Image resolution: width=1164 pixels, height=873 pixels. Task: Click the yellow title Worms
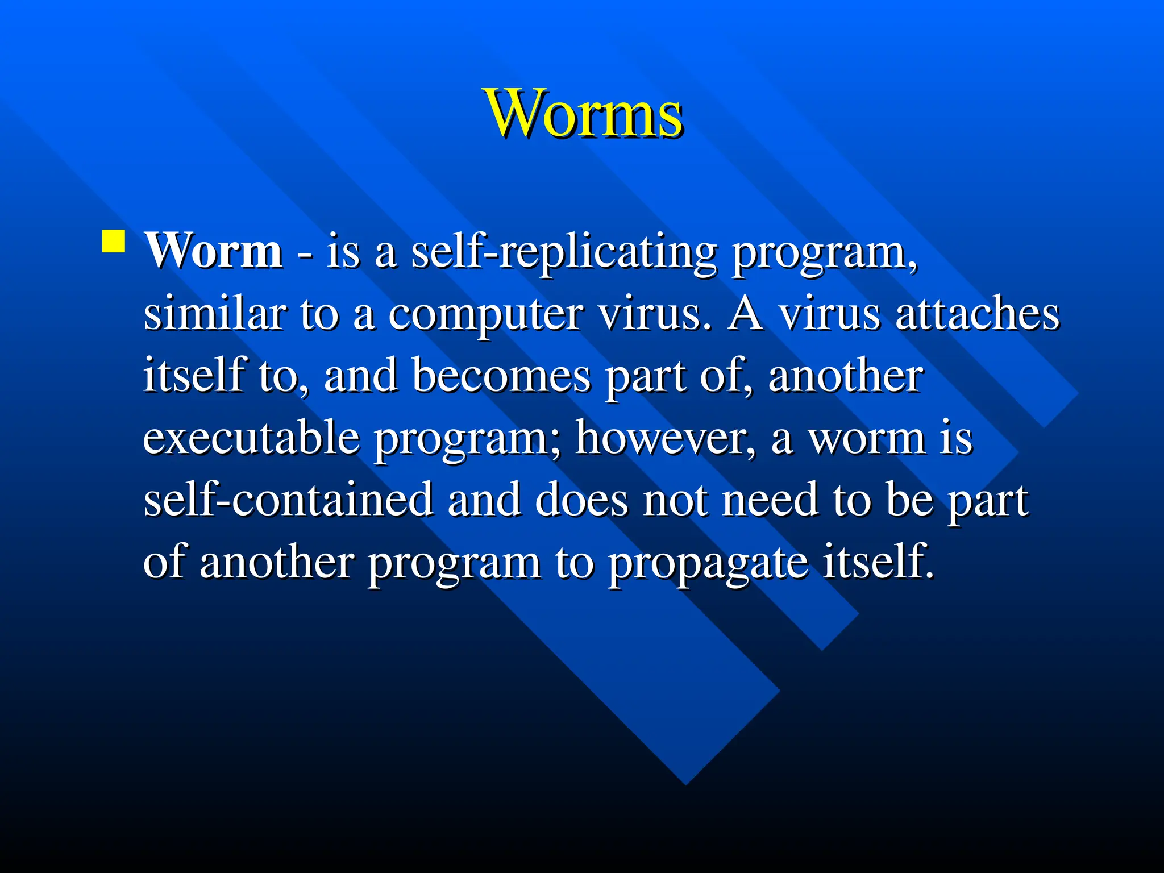[584, 114]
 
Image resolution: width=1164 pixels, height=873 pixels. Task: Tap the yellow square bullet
[114, 241]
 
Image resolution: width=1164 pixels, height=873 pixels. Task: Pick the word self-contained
[288, 500]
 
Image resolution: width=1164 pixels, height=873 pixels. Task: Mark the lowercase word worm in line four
[867, 439]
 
